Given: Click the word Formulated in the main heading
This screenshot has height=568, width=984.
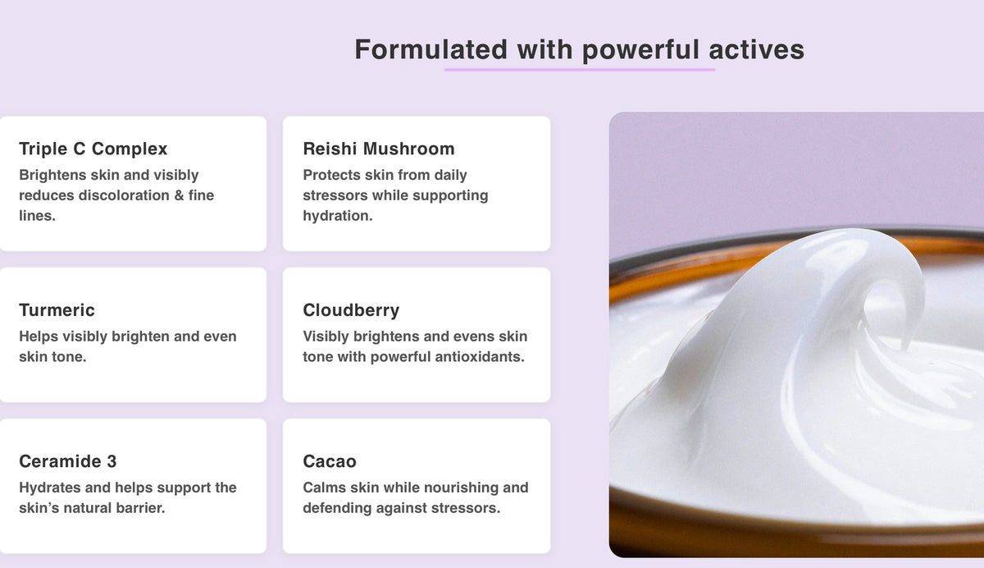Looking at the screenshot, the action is [x=431, y=49].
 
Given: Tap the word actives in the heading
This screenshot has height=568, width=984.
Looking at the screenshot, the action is [x=756, y=49].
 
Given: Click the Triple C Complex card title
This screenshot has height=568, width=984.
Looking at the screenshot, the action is [x=93, y=149].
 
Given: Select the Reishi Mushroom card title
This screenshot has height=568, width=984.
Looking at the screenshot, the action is [x=379, y=149].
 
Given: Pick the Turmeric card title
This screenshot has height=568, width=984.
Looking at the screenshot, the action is [x=57, y=310].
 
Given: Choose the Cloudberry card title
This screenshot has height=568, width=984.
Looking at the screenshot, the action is [x=351, y=310].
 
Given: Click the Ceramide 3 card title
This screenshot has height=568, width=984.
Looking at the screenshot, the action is [x=67, y=461].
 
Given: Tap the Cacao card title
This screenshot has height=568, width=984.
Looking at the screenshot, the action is [x=330, y=461].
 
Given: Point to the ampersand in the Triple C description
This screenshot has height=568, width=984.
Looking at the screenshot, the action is [x=179, y=195].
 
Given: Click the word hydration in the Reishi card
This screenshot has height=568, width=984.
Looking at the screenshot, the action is [x=336, y=216].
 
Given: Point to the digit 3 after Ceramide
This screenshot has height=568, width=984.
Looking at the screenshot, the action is [x=112, y=461].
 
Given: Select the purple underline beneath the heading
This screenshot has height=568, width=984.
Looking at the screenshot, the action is [x=580, y=70].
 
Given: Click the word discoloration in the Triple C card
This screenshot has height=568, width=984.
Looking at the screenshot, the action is [x=124, y=195].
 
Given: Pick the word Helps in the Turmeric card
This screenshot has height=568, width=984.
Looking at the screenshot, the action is [x=39, y=337].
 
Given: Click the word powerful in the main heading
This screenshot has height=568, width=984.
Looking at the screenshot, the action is [x=640, y=51].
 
